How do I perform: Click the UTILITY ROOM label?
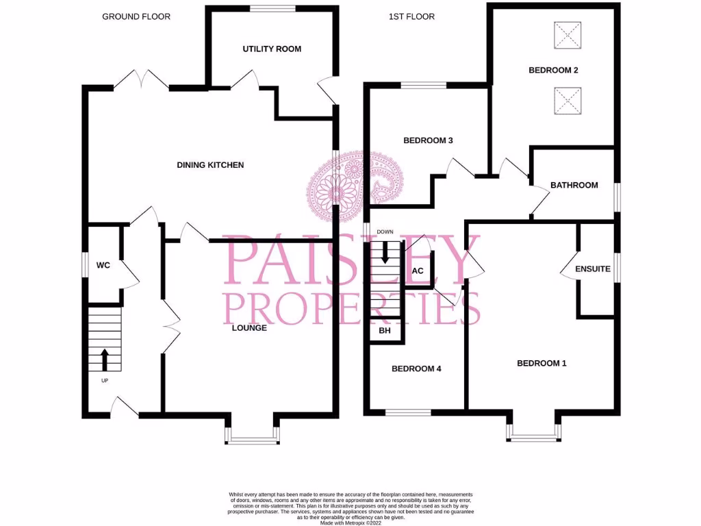tap(272, 49)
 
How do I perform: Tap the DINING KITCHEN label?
tap(210, 165)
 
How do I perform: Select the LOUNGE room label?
tap(249, 328)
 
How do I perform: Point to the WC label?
tap(103, 265)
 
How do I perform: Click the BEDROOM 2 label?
tap(553, 70)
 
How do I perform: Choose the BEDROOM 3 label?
tap(428, 141)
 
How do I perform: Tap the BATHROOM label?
tap(574, 185)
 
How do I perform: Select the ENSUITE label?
tap(592, 269)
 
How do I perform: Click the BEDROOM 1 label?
tap(541, 364)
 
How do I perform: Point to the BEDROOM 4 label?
tap(416, 368)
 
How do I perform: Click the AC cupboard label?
tap(418, 271)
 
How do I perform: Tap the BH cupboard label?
tap(385, 331)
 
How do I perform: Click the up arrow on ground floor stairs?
tap(105, 358)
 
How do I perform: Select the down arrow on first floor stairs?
tap(385, 253)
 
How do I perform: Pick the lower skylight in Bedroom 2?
tap(567, 100)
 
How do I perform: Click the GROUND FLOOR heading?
tap(136, 16)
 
